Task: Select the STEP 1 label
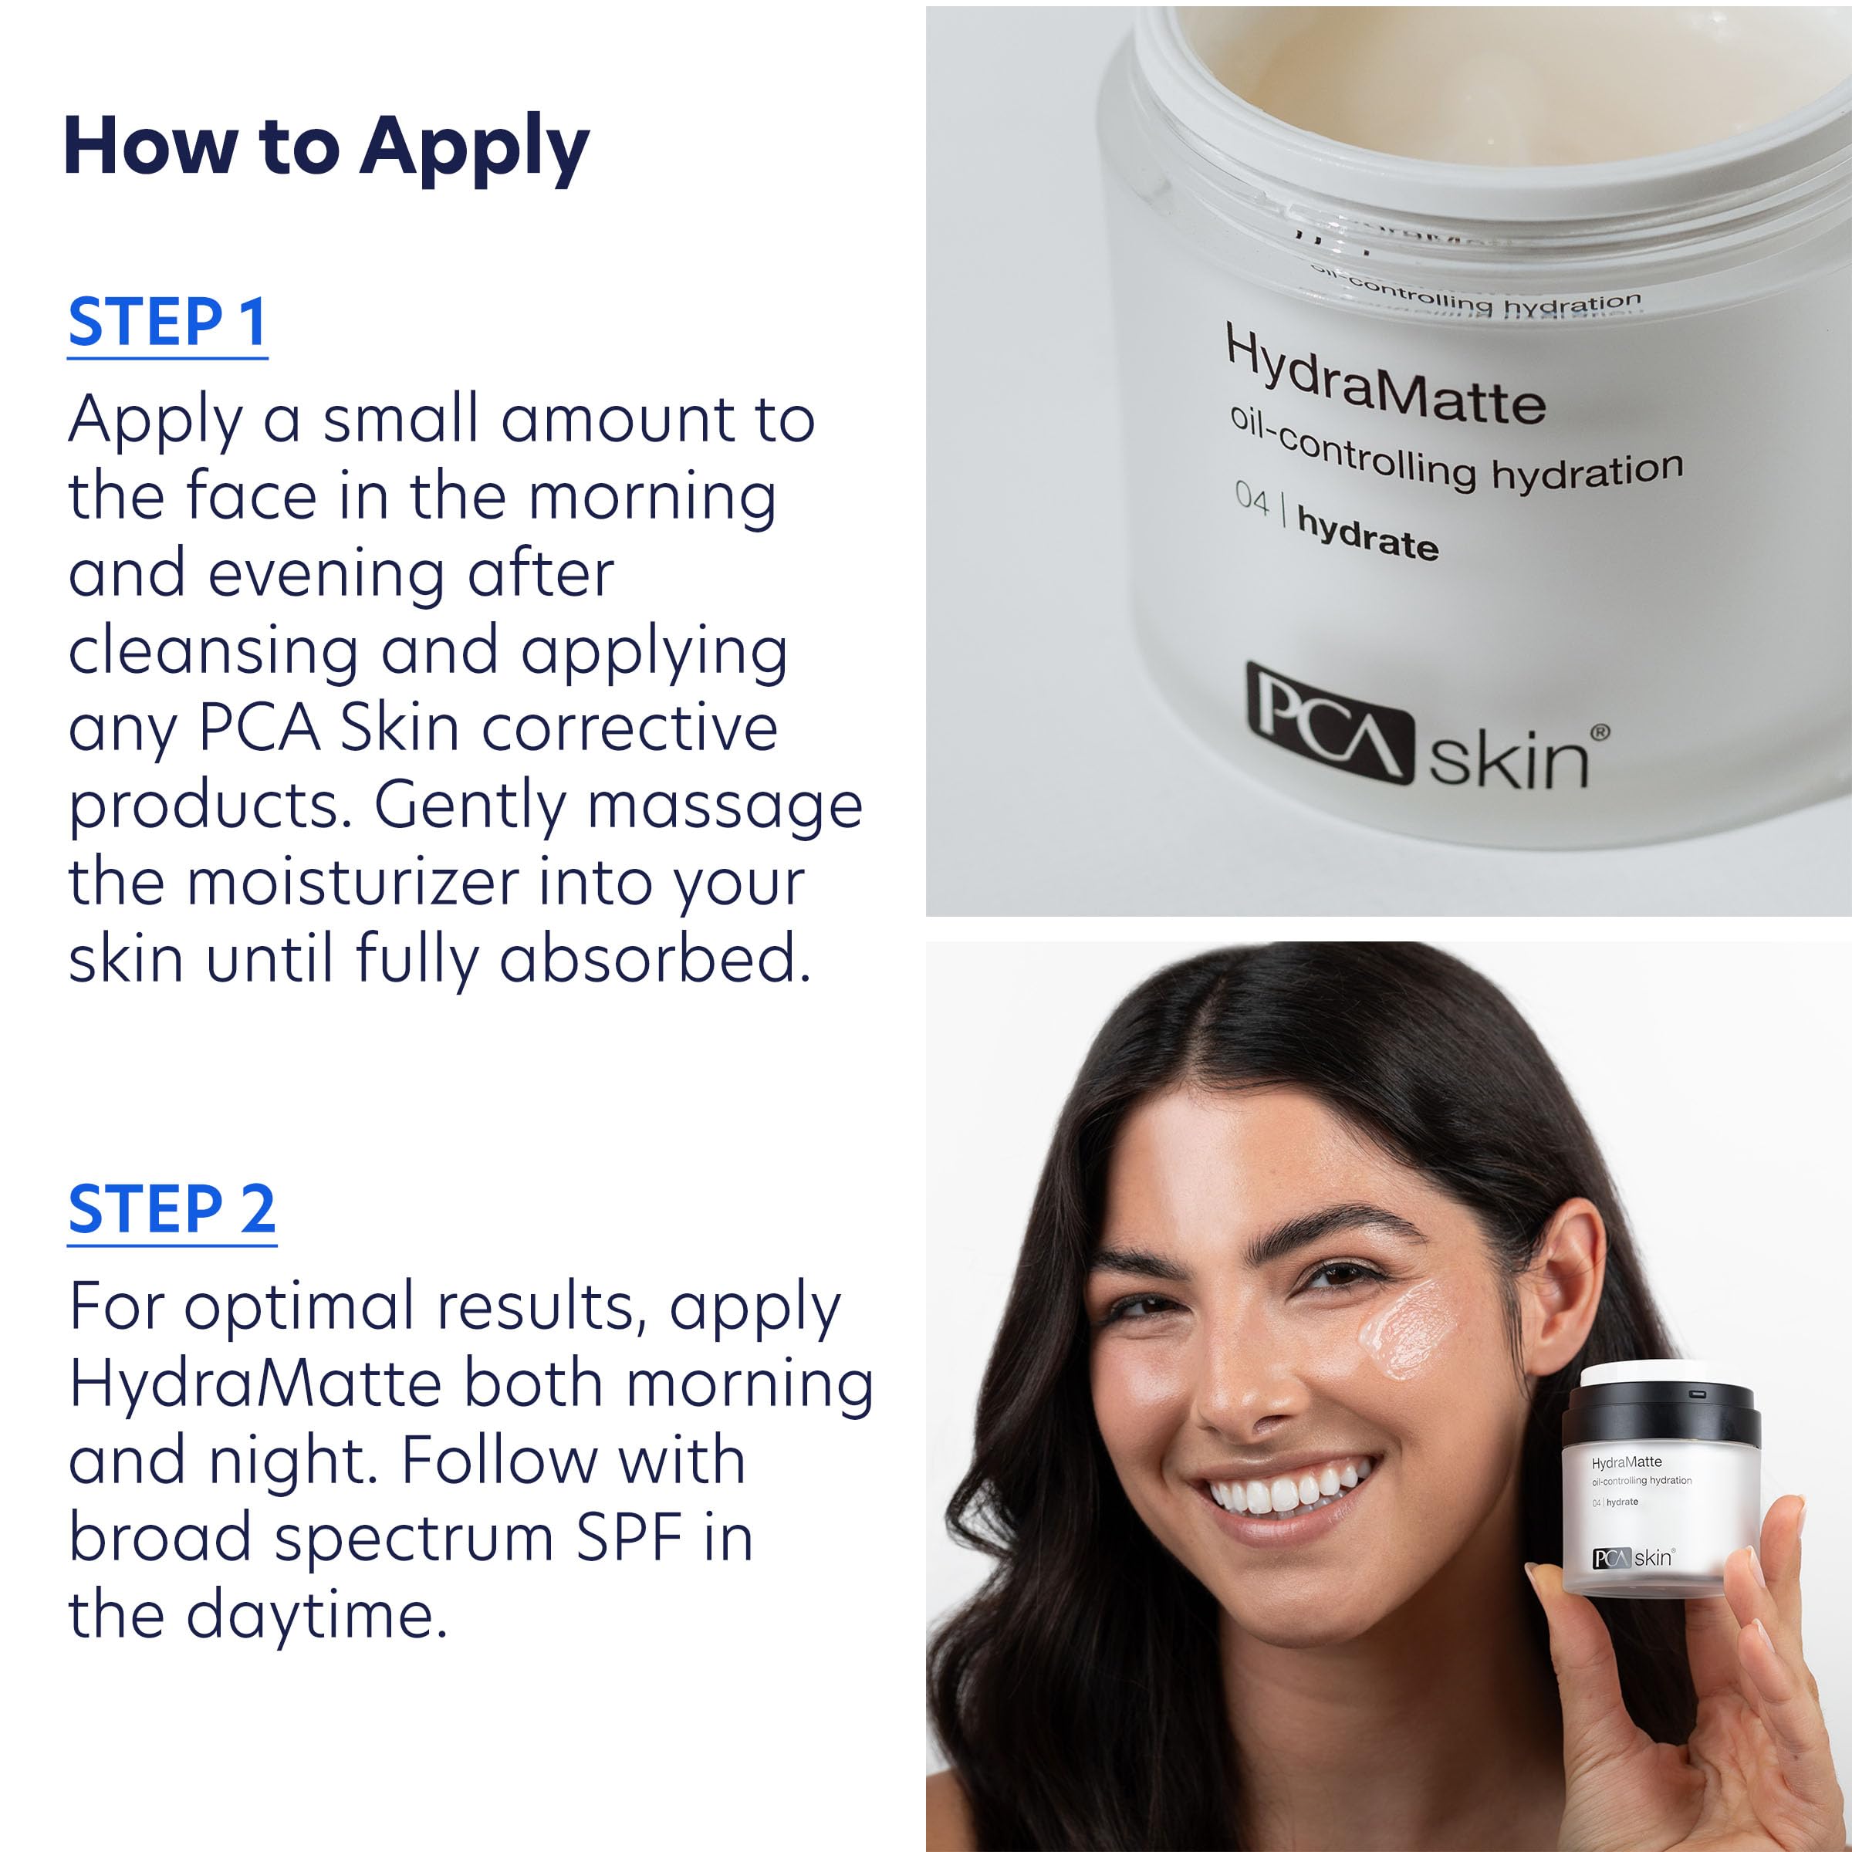(x=167, y=323)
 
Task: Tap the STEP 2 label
(x=171, y=1210)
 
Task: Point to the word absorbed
(x=654, y=958)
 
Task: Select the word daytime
(x=316, y=1616)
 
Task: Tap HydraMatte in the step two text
(x=255, y=1384)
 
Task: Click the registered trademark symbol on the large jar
(x=1599, y=733)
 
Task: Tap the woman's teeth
(x=1285, y=1491)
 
